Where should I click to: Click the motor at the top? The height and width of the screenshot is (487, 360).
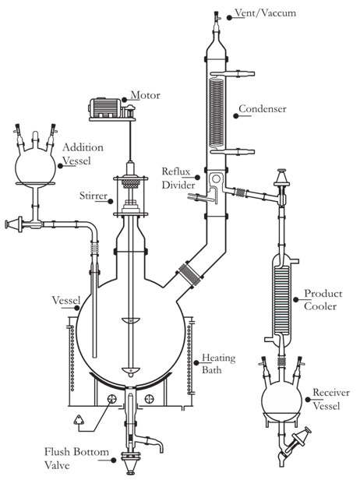tap(112, 109)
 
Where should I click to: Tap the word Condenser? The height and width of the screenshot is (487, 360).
tap(263, 109)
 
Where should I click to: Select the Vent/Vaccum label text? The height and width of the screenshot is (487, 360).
tap(265, 13)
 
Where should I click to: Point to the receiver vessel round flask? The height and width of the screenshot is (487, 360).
tap(282, 400)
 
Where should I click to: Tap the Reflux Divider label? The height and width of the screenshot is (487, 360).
tap(178, 178)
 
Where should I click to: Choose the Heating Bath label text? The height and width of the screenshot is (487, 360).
tap(219, 364)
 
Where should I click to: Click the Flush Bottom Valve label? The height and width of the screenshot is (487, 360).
tap(76, 458)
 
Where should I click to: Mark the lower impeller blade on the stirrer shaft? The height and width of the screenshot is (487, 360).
tap(131, 371)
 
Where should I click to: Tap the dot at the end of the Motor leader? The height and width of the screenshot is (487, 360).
tap(125, 100)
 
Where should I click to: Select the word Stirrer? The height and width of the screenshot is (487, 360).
tap(94, 196)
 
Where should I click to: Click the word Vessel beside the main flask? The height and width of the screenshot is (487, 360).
tap(66, 300)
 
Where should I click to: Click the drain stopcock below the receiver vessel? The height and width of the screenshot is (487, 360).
tap(298, 440)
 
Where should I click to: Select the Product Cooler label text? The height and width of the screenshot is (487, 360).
tap(323, 300)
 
